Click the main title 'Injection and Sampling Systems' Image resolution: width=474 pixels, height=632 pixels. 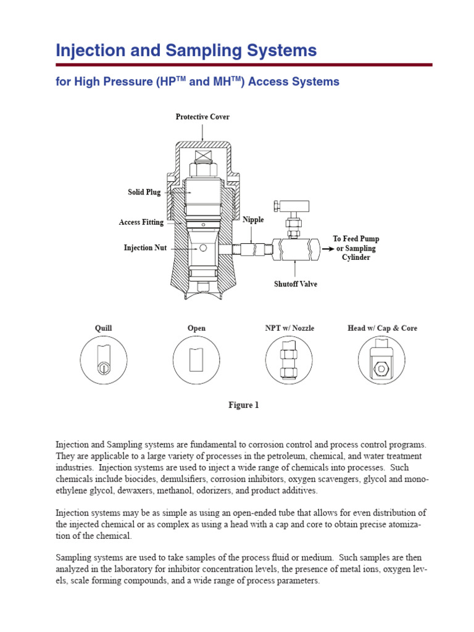[x=186, y=50]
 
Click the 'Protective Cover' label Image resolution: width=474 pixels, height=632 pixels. [x=202, y=117]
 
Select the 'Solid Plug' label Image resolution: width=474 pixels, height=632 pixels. [x=144, y=192]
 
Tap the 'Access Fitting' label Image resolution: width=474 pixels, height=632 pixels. [x=141, y=222]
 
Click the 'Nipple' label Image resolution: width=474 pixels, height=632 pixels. [x=253, y=220]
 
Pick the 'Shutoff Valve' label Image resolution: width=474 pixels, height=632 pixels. [x=296, y=285]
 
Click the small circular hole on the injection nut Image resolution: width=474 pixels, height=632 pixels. [x=202, y=248]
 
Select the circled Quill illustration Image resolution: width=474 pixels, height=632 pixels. [x=104, y=360]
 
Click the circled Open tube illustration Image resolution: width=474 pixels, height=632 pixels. [x=197, y=360]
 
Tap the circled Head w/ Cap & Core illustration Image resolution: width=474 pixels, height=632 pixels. [x=382, y=360]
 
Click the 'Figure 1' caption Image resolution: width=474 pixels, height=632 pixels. [x=244, y=405]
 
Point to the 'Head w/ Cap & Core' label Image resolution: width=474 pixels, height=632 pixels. [x=382, y=328]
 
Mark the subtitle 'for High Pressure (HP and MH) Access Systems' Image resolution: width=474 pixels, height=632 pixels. [x=197, y=81]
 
